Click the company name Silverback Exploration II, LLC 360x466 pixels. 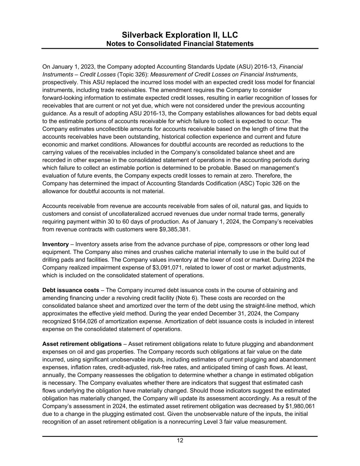pos(180,35)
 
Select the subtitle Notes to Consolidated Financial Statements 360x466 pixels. pos(180,44)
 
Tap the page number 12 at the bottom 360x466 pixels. pos(180,440)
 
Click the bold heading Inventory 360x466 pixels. pos(55,244)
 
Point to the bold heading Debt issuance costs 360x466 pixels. pos(71,290)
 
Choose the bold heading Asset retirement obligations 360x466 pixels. pos(82,344)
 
